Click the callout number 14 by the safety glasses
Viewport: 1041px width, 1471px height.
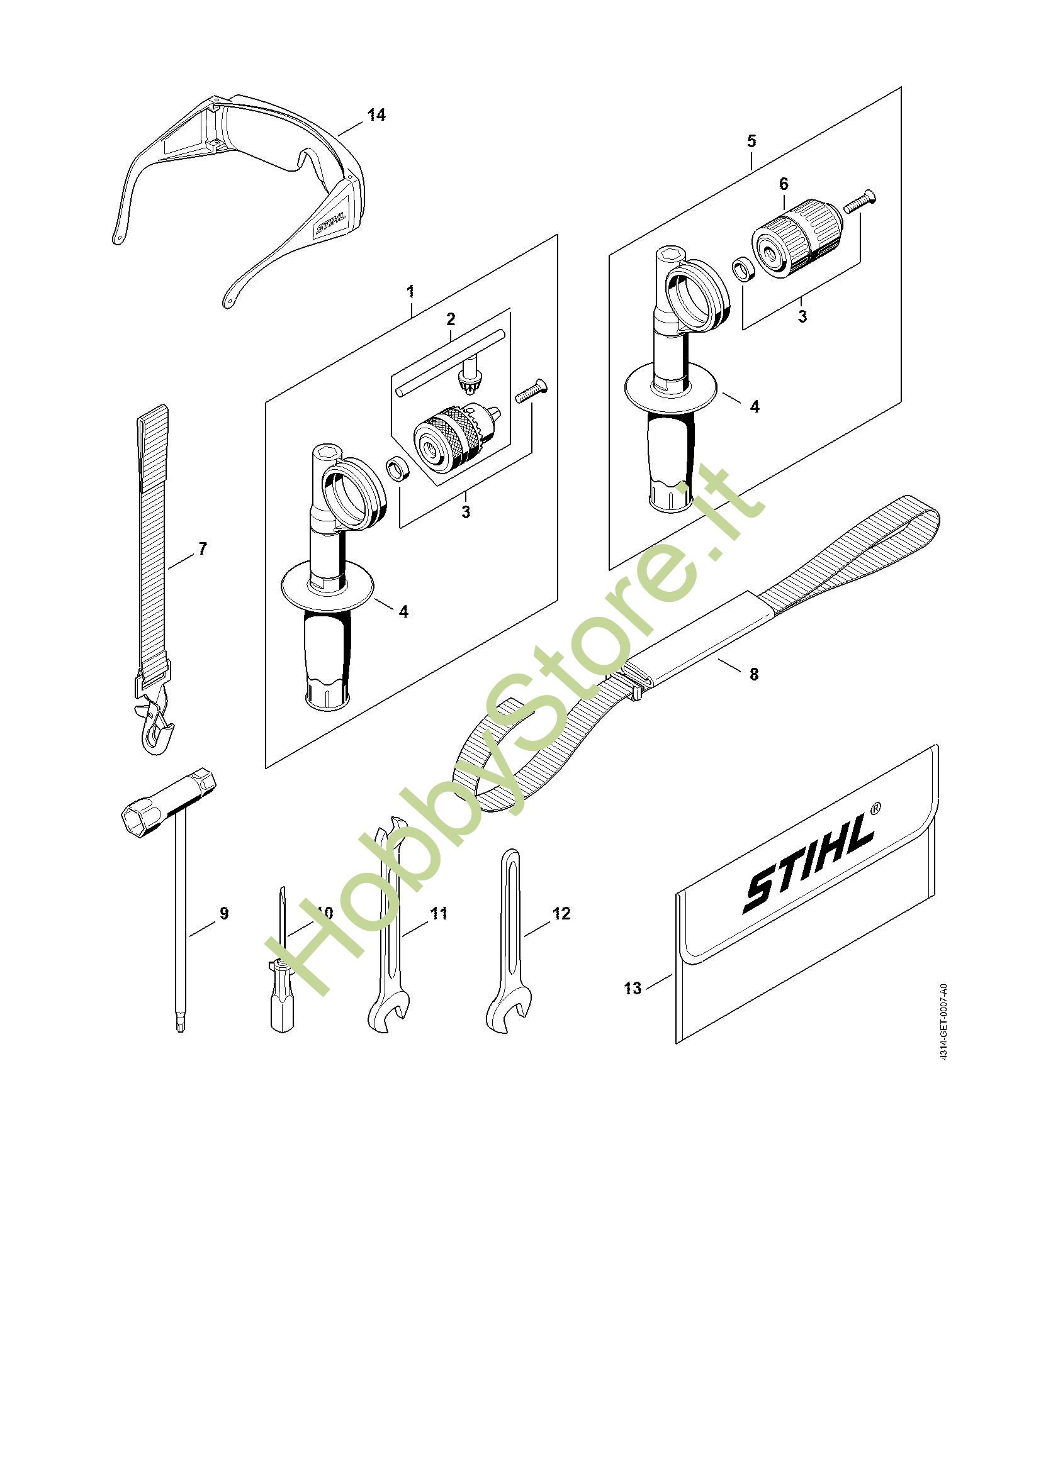pos(376,114)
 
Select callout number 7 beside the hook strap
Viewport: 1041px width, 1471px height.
pos(203,548)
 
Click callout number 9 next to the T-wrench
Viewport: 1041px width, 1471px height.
pos(223,913)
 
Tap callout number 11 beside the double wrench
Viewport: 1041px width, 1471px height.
pos(439,913)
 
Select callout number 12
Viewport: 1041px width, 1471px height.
pos(561,913)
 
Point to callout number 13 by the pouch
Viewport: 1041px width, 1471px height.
pos(632,988)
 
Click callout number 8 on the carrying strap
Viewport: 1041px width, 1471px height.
pos(754,674)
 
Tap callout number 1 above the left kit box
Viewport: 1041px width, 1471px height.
pos(410,292)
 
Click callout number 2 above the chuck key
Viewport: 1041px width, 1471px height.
pos(451,318)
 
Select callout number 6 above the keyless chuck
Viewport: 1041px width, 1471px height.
pos(784,184)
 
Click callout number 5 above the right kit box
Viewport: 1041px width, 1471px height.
pos(752,141)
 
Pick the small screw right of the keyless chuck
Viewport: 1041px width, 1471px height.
pos(860,201)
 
